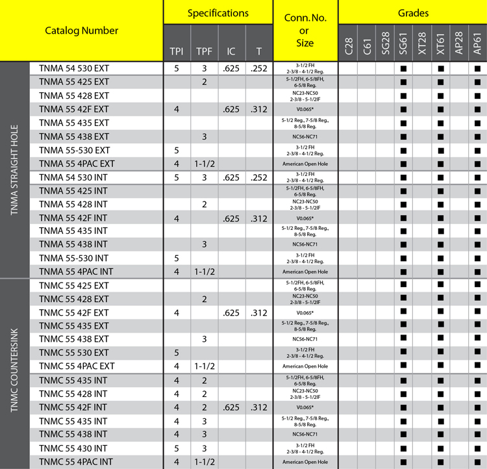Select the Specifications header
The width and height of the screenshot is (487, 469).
coord(218,13)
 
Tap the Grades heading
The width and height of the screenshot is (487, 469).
coord(412,13)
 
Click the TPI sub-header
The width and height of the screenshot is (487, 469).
coord(176,51)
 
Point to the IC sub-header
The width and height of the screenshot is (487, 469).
coord(231,51)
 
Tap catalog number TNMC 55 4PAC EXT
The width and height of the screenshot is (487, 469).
coord(77,366)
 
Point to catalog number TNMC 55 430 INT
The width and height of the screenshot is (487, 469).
coord(73,448)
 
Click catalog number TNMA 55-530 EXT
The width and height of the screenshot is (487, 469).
coord(74,150)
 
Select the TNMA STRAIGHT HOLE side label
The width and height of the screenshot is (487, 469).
coord(14,170)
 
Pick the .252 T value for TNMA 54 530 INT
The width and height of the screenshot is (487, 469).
coord(259,177)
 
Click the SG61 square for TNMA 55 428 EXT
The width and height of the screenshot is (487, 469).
coord(403,95)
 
